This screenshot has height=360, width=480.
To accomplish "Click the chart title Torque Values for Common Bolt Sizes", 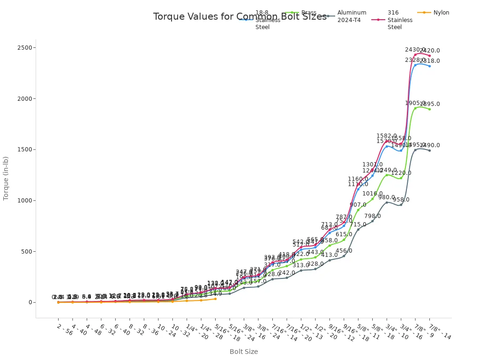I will [x=240, y=17].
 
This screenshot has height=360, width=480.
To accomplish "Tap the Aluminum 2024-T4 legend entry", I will [x=352, y=16].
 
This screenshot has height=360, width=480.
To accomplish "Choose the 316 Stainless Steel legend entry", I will [x=400, y=20].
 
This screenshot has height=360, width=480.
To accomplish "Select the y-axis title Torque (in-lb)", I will [x=6, y=178].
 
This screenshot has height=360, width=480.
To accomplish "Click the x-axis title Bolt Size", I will [x=243, y=352].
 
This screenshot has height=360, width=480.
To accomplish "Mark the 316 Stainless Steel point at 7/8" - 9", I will [x=415, y=54].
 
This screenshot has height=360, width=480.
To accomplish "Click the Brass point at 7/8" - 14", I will [x=429, y=109].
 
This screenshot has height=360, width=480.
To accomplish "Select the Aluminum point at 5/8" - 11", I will [x=358, y=229].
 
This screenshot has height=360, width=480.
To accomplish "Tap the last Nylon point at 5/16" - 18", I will [x=215, y=299].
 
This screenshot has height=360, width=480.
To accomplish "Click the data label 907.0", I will [x=358, y=205].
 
